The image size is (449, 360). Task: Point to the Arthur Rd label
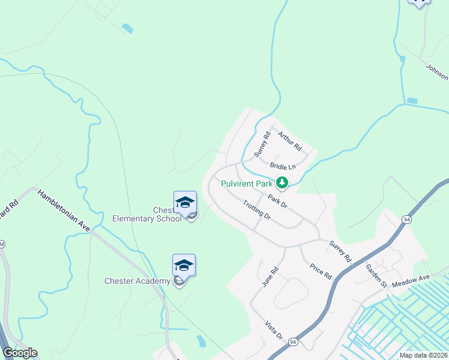(290, 143)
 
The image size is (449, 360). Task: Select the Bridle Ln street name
(283, 166)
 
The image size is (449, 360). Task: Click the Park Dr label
(278, 201)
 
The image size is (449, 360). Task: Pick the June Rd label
(268, 276)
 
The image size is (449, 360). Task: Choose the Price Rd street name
(320, 271)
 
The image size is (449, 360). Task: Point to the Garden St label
(376, 275)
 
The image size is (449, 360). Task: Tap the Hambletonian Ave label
(63, 210)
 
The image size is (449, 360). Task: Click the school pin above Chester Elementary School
(185, 203)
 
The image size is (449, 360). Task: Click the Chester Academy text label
(137, 281)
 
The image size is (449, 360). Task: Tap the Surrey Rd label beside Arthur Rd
(263, 144)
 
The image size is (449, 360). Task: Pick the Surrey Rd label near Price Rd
(340, 251)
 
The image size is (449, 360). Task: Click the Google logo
(20, 353)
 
